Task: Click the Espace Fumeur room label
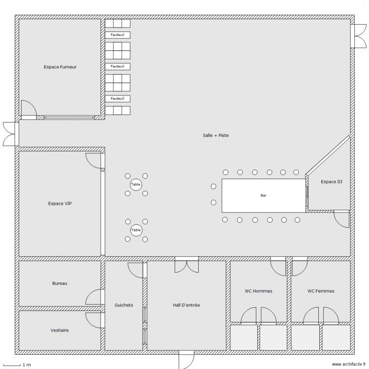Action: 60,67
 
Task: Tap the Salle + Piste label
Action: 216,135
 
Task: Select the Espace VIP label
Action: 60,203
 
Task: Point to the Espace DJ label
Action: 331,182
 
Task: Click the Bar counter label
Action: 264,195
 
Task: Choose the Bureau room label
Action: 60,283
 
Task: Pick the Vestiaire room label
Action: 60,330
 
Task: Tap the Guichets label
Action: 123,305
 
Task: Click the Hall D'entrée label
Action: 186,305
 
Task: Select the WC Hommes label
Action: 258,291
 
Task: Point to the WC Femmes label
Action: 321,291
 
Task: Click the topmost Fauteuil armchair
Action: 117,34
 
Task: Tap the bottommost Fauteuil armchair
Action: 117,98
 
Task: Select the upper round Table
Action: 136,184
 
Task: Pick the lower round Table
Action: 136,230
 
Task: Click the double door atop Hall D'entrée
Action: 186,264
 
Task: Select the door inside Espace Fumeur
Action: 28,109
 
